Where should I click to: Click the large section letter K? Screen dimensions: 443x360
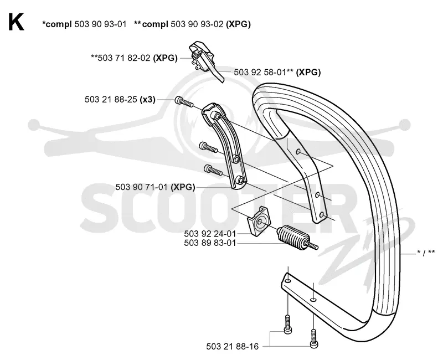pos(16,22)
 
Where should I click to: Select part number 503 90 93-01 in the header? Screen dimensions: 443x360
pos(100,24)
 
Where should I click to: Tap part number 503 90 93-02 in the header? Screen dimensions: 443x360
pos(197,24)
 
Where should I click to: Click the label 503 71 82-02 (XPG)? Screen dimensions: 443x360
pos(134,58)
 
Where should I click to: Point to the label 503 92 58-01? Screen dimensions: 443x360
pos(260,73)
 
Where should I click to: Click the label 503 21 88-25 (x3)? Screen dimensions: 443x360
pos(120,100)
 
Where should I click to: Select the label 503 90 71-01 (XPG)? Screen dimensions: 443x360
pos(155,187)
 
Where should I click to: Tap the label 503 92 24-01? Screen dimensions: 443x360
pos(210,234)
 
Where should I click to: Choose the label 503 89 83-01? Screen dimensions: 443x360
pos(210,243)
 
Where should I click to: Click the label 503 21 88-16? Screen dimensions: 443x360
pos(232,347)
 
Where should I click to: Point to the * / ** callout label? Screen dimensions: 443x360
pos(426,253)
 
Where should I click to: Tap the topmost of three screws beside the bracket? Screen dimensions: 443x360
pos(184,102)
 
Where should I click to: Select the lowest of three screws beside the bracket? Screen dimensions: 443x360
pos(213,170)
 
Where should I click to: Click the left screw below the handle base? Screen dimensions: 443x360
pos(287,325)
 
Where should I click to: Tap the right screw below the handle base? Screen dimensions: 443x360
pos(313,338)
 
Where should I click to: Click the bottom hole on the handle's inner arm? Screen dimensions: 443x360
pos(321,215)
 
